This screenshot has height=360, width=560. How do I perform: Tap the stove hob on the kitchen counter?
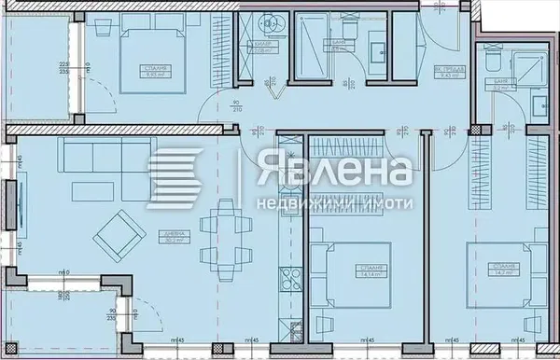click(287, 276)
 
